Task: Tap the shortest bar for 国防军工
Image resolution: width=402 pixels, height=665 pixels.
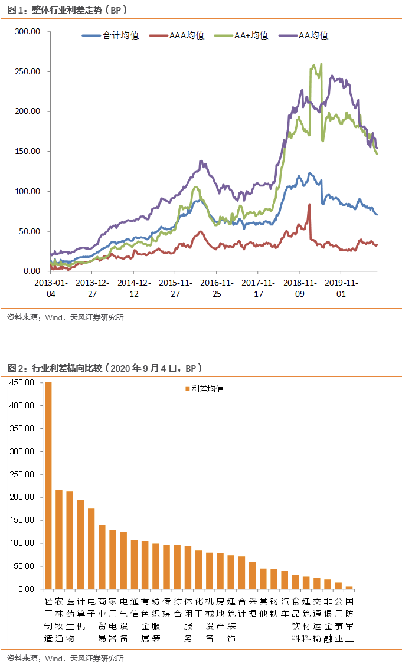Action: click(349, 587)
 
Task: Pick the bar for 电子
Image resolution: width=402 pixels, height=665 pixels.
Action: click(91, 548)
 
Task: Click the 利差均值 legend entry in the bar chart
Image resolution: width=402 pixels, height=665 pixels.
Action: click(204, 389)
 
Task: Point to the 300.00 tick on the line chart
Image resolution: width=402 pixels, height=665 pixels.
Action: click(28, 31)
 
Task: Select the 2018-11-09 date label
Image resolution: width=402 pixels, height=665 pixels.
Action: click(298, 287)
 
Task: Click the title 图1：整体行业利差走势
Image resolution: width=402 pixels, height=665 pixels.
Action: click(68, 11)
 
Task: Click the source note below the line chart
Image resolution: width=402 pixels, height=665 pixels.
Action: click(66, 317)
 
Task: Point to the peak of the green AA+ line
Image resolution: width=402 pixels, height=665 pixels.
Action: click(321, 64)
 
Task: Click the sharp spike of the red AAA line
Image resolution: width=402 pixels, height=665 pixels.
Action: click(309, 205)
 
